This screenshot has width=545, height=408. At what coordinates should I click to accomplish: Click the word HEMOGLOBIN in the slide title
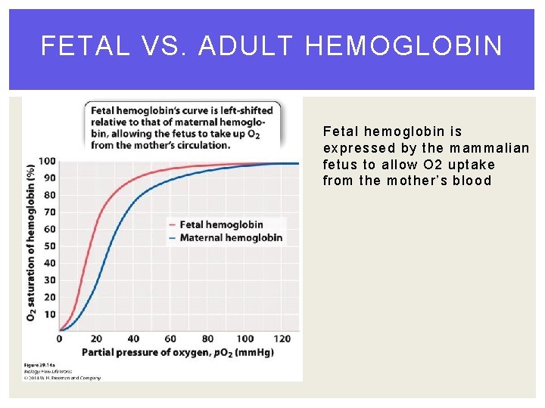coord(403,47)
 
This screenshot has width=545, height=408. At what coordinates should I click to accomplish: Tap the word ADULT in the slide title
coord(245,47)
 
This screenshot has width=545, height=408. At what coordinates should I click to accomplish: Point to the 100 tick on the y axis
coord(47,161)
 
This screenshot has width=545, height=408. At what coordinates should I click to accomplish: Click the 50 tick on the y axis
coord(49,246)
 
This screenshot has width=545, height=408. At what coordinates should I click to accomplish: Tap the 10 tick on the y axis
coord(49,314)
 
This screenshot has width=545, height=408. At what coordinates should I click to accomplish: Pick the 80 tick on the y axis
coord(49,195)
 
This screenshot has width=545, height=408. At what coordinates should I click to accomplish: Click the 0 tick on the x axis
coord(60,338)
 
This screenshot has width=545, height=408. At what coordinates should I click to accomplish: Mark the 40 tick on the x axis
coord(133,338)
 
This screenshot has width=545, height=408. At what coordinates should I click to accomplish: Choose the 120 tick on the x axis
coord(282,338)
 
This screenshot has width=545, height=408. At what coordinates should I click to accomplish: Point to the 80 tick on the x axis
coord(207,338)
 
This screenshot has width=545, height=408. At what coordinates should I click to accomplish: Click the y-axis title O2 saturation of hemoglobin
coord(31,242)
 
